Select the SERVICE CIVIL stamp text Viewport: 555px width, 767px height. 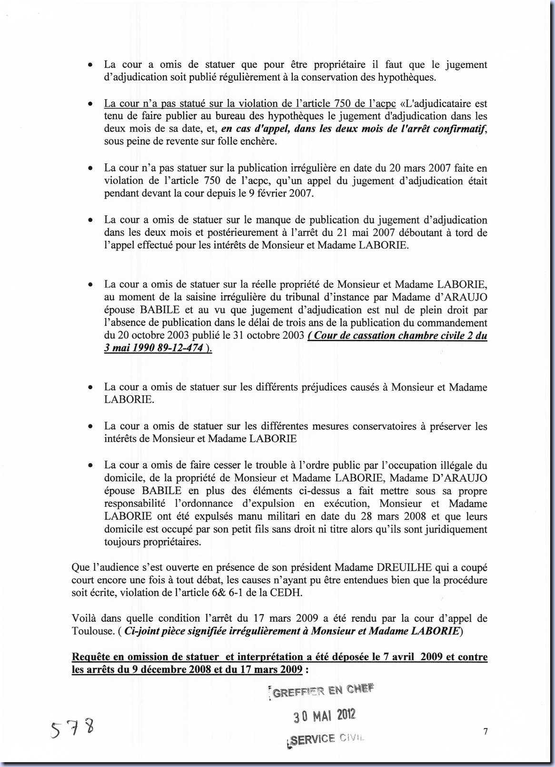point(327,739)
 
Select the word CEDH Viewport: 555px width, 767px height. point(288,593)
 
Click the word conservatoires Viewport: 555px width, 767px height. point(374,426)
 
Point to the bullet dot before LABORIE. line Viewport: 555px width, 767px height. point(90,388)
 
